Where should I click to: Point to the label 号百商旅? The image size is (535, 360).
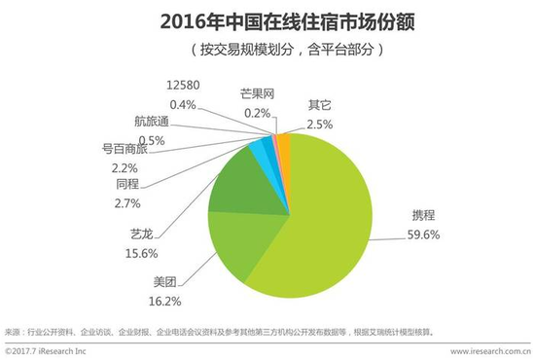click(x=120, y=150)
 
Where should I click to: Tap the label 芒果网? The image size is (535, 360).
click(x=257, y=93)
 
